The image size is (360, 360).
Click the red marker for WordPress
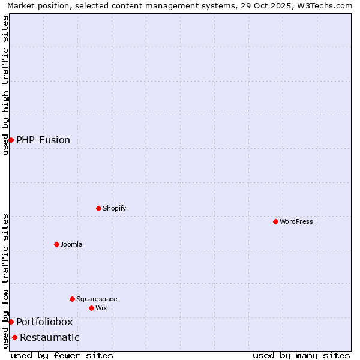[x=275, y=221]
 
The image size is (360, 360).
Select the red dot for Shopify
[x=98, y=208]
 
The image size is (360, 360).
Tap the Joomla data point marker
[x=56, y=244]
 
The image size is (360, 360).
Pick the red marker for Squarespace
[x=72, y=299]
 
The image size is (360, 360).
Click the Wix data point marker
[x=91, y=308]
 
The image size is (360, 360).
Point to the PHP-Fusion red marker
[x=11, y=140]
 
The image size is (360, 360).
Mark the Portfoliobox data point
[x=11, y=322]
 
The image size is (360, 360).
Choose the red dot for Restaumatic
[x=14, y=337]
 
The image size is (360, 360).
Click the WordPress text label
[x=296, y=221]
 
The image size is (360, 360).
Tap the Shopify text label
[x=114, y=208]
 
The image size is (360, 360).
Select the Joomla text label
[x=71, y=244]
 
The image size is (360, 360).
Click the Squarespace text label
[x=97, y=299]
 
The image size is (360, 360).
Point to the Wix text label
[x=101, y=308]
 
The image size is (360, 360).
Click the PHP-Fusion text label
[x=43, y=140]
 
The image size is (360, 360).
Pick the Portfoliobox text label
[x=44, y=322]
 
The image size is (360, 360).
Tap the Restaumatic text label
[x=49, y=337]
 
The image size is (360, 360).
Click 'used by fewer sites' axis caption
[x=62, y=355]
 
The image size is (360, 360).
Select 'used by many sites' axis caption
[x=301, y=355]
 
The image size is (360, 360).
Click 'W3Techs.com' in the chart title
[x=326, y=6]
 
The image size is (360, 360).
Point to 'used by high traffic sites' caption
[x=6, y=85]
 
